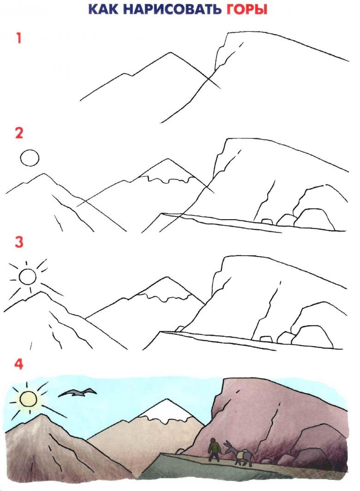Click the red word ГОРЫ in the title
click(246, 10)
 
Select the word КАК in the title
click(104, 10)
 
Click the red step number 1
click(19, 38)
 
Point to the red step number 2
click(19, 133)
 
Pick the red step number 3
click(19, 242)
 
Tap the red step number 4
click(19, 364)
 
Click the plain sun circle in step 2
click(30, 157)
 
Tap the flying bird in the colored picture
click(77, 393)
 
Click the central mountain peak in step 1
click(171, 53)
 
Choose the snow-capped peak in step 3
click(167, 278)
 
